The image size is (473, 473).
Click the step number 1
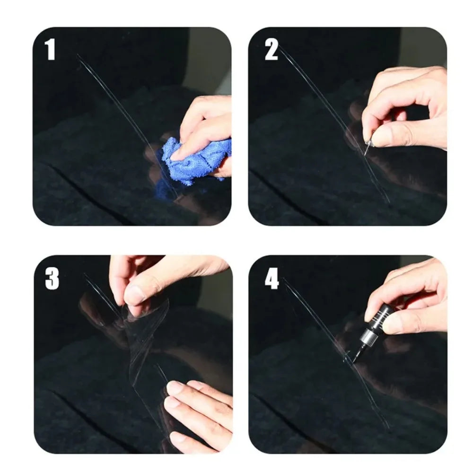(x=50, y=50)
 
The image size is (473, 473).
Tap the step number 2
(x=271, y=50)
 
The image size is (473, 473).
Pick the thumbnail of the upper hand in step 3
(x=134, y=296)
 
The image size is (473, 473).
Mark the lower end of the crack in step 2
(x=389, y=202)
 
